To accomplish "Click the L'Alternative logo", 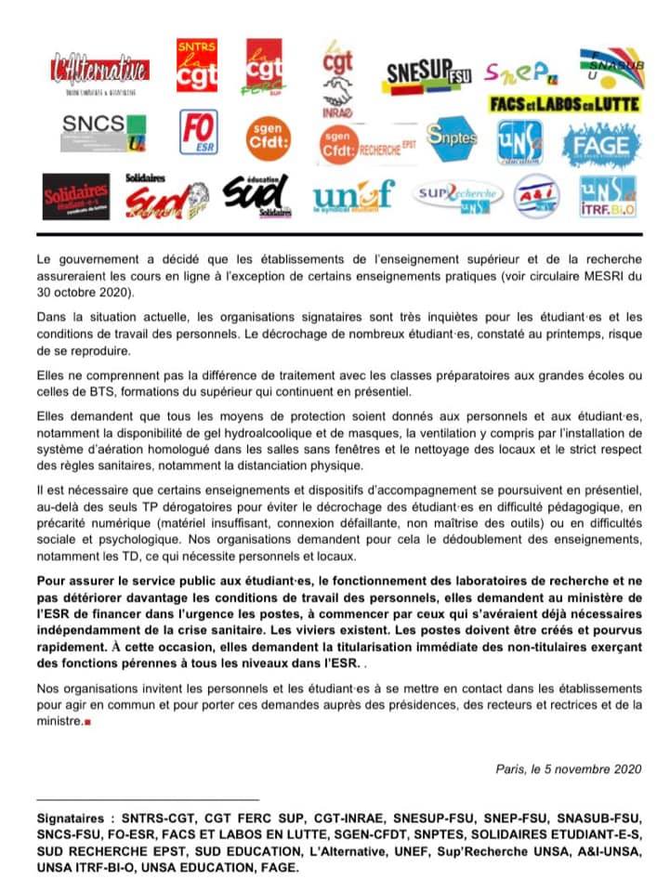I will pos(101,69).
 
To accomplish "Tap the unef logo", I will pos(354,194).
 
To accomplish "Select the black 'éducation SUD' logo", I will pos(257,195).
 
